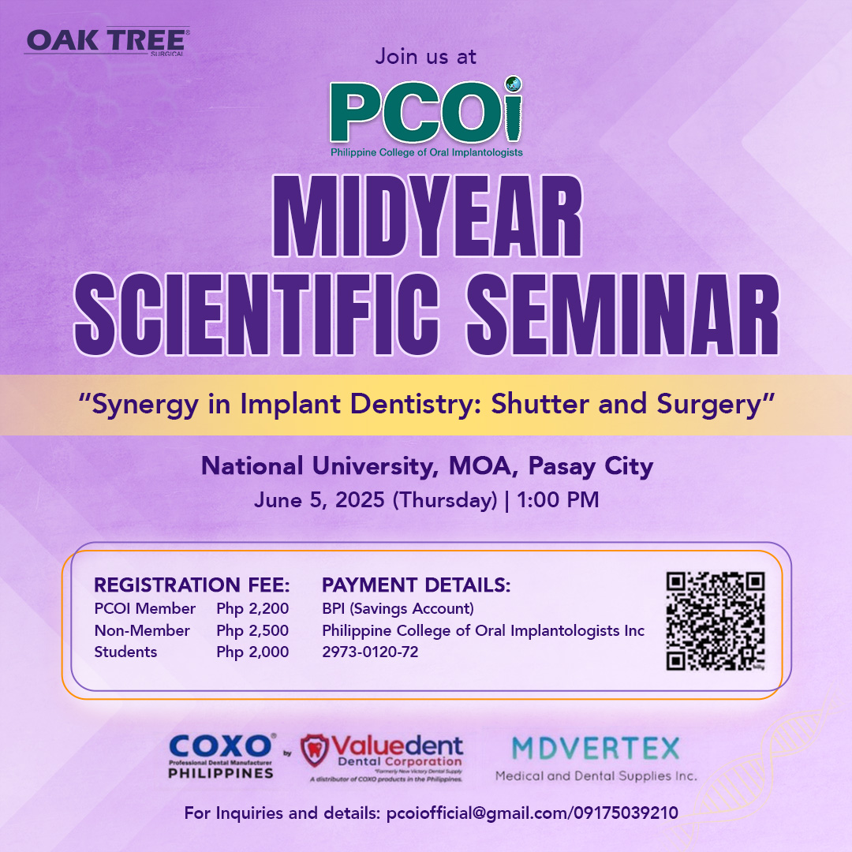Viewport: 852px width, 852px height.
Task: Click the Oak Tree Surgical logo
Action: (107, 41)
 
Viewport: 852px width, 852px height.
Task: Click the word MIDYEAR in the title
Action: (427, 216)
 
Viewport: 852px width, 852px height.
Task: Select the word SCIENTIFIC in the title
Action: (256, 315)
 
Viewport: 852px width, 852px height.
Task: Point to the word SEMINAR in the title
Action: (622, 315)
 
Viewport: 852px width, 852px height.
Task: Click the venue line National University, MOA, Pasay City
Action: (427, 467)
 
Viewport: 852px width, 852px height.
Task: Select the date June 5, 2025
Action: (319, 500)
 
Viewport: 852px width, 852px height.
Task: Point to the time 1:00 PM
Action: (558, 500)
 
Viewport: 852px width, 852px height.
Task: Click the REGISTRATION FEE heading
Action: (192, 585)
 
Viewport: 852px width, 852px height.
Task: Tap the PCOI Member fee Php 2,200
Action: (252, 609)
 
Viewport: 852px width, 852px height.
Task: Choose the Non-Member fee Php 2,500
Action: (252, 631)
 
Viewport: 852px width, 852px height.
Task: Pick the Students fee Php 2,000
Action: (252, 652)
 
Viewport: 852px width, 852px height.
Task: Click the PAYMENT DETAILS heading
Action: (417, 585)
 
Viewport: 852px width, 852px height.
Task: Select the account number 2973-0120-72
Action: (370, 652)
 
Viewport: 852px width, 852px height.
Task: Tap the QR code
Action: (716, 621)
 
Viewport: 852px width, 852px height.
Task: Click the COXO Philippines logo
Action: (221, 757)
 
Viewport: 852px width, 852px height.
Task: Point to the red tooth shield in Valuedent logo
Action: (315, 750)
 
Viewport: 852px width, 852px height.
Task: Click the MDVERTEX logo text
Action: (596, 749)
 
